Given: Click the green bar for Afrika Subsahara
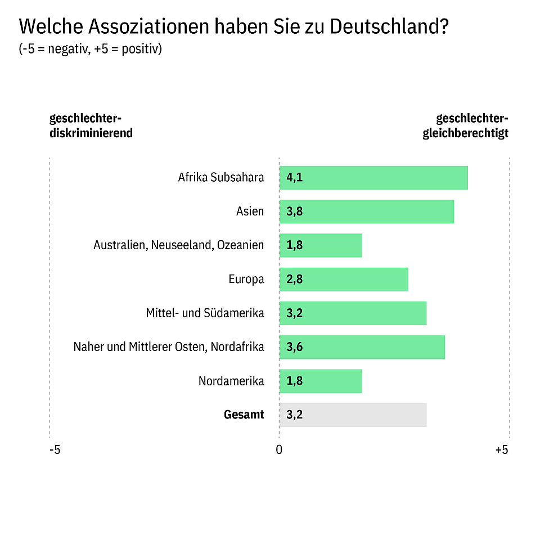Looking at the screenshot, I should tap(373, 178).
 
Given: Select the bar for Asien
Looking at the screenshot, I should tap(366, 211).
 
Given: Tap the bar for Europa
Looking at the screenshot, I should tap(343, 279).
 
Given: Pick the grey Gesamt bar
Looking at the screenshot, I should tap(353, 415).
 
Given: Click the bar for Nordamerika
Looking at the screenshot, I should tap(321, 381).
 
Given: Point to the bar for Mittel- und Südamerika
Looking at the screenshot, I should tap(353, 313).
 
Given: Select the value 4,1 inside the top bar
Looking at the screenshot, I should tap(294, 178).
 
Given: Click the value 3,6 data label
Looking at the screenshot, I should tap(294, 347).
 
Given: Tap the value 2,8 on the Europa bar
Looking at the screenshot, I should tap(294, 280).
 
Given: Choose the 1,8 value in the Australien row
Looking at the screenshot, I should tap(294, 246).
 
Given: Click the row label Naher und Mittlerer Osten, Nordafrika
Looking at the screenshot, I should tap(169, 347).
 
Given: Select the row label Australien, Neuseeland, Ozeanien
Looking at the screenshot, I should tap(179, 245).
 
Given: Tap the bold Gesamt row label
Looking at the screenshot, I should tap(244, 415).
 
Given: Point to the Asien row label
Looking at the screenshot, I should tap(250, 211).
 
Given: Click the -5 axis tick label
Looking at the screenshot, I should tap(55, 450).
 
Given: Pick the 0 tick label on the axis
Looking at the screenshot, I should tap(278, 450).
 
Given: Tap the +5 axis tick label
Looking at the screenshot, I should tap(501, 450).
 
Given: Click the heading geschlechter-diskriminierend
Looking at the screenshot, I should tap(91, 125).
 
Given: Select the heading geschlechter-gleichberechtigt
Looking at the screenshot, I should tap(466, 125).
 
